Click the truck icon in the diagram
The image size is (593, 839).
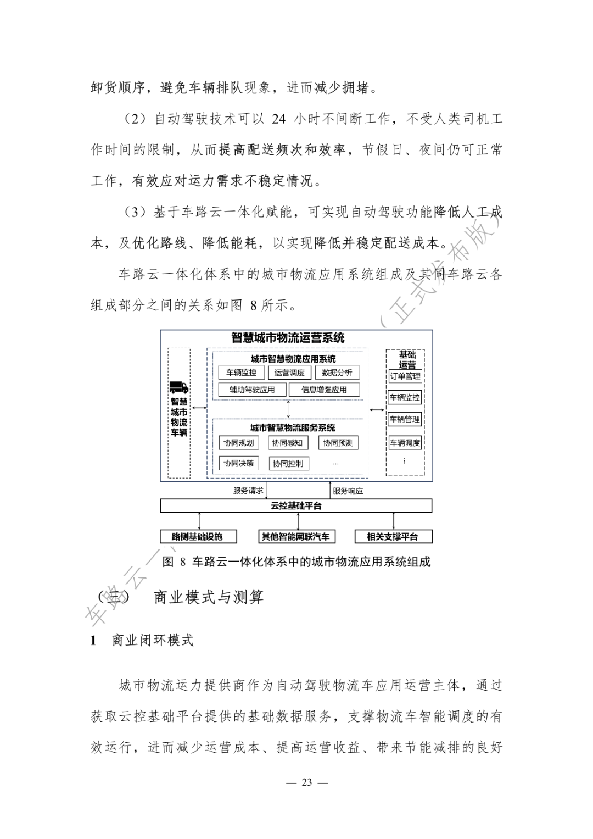tap(178, 387)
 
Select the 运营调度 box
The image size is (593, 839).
tap(289, 373)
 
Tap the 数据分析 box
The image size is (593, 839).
tap(337, 373)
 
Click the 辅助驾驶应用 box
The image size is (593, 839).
tap(252, 390)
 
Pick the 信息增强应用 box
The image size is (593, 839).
tap(324, 390)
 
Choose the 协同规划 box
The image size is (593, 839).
tap(238, 443)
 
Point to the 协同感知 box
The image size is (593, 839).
tap(287, 443)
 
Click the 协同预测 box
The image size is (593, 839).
tap(338, 443)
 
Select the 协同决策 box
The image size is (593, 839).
tap(238, 463)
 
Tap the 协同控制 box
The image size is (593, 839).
tap(288, 463)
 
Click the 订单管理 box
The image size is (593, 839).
tap(405, 376)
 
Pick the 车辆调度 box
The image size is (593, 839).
tap(405, 443)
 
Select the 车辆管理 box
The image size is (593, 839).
tap(405, 419)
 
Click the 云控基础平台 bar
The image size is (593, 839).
tap(296, 505)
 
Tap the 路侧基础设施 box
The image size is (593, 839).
tap(197, 536)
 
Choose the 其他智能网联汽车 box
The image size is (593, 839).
tap(296, 536)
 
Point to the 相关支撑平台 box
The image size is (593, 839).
tap(393, 536)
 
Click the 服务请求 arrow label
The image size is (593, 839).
tap(248, 491)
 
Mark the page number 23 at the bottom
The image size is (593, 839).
tap(307, 782)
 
